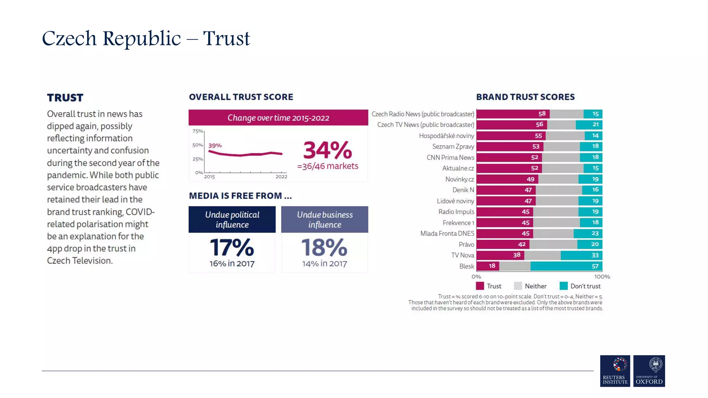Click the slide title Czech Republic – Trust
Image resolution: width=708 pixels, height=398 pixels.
pos(146,38)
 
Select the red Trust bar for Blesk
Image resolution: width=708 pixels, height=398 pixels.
pos(487,266)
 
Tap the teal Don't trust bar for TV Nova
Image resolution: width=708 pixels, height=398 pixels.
pos(581,255)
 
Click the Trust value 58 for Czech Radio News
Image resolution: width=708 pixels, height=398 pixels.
pos(542,114)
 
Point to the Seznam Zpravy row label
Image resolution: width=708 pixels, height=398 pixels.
pos(453,146)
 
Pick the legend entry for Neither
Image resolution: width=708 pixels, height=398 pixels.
pos(530,286)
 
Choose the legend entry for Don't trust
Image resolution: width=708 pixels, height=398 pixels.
pos(580,286)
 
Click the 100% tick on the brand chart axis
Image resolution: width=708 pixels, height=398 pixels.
pos(602,277)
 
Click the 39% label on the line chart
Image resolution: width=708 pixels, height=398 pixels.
pos(215,145)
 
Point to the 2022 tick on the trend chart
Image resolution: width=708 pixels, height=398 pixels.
pos(281,177)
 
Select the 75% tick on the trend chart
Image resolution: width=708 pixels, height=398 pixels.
pos(197,131)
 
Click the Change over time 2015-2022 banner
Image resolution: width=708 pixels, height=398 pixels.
pos(278,118)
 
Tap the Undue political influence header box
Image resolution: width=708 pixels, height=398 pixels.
pos(232,219)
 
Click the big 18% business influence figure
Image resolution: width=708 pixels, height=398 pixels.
pos(324,247)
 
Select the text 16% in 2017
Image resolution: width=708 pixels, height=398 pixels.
pos(232,264)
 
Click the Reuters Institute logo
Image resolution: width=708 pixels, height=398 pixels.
pos(615,371)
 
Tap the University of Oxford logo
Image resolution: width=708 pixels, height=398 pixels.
pos(649,371)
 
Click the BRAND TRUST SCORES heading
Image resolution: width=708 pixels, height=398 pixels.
pos(525,97)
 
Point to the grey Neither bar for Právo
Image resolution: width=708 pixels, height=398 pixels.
pos(553,244)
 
